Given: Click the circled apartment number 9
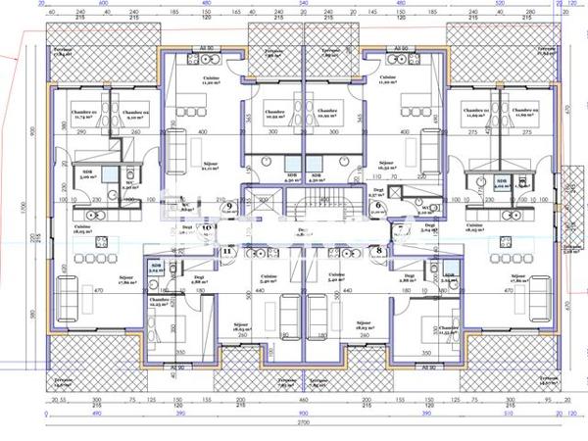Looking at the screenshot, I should coord(228,193).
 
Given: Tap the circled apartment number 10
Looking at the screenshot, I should coord(207,227).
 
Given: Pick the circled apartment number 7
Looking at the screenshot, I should coord(401,227).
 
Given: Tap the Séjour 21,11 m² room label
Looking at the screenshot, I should coord(209,166).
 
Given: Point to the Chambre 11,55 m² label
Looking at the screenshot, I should coord(449,331).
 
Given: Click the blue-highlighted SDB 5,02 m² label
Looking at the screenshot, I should coord(501,182).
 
